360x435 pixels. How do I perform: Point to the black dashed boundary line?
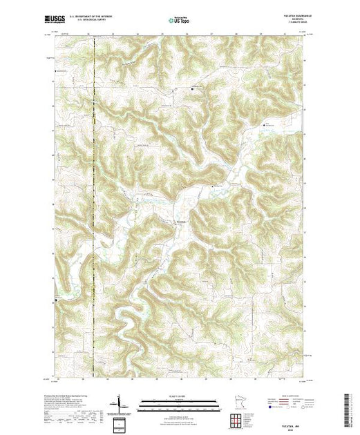93,207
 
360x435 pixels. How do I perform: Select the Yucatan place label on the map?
182,221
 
